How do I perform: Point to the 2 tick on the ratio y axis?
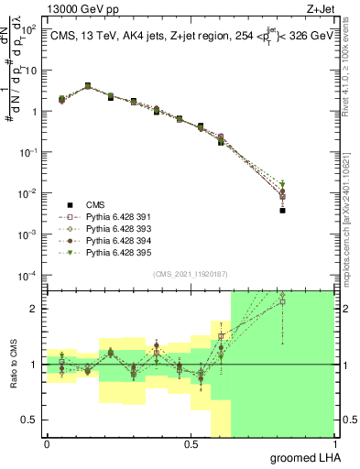pos(37,309)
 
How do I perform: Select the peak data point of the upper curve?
pos(88,86)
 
